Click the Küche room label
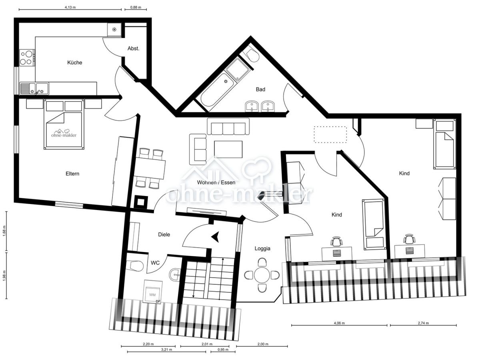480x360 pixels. pos(75,62)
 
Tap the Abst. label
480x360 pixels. pos(133,48)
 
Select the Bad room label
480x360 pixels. pos(260,89)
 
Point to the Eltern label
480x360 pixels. pos(72,174)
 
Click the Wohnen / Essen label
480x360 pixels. pos(216,182)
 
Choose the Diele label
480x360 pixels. pos(164,234)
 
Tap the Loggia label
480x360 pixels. pos(262,248)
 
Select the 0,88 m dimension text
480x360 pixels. pos(136,7)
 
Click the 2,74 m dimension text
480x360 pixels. pos(423,323)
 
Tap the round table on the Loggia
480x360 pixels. pos(262,275)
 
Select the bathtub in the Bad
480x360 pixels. pos(216,90)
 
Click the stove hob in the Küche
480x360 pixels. pos(26,57)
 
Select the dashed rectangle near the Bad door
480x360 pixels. pos(330,134)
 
